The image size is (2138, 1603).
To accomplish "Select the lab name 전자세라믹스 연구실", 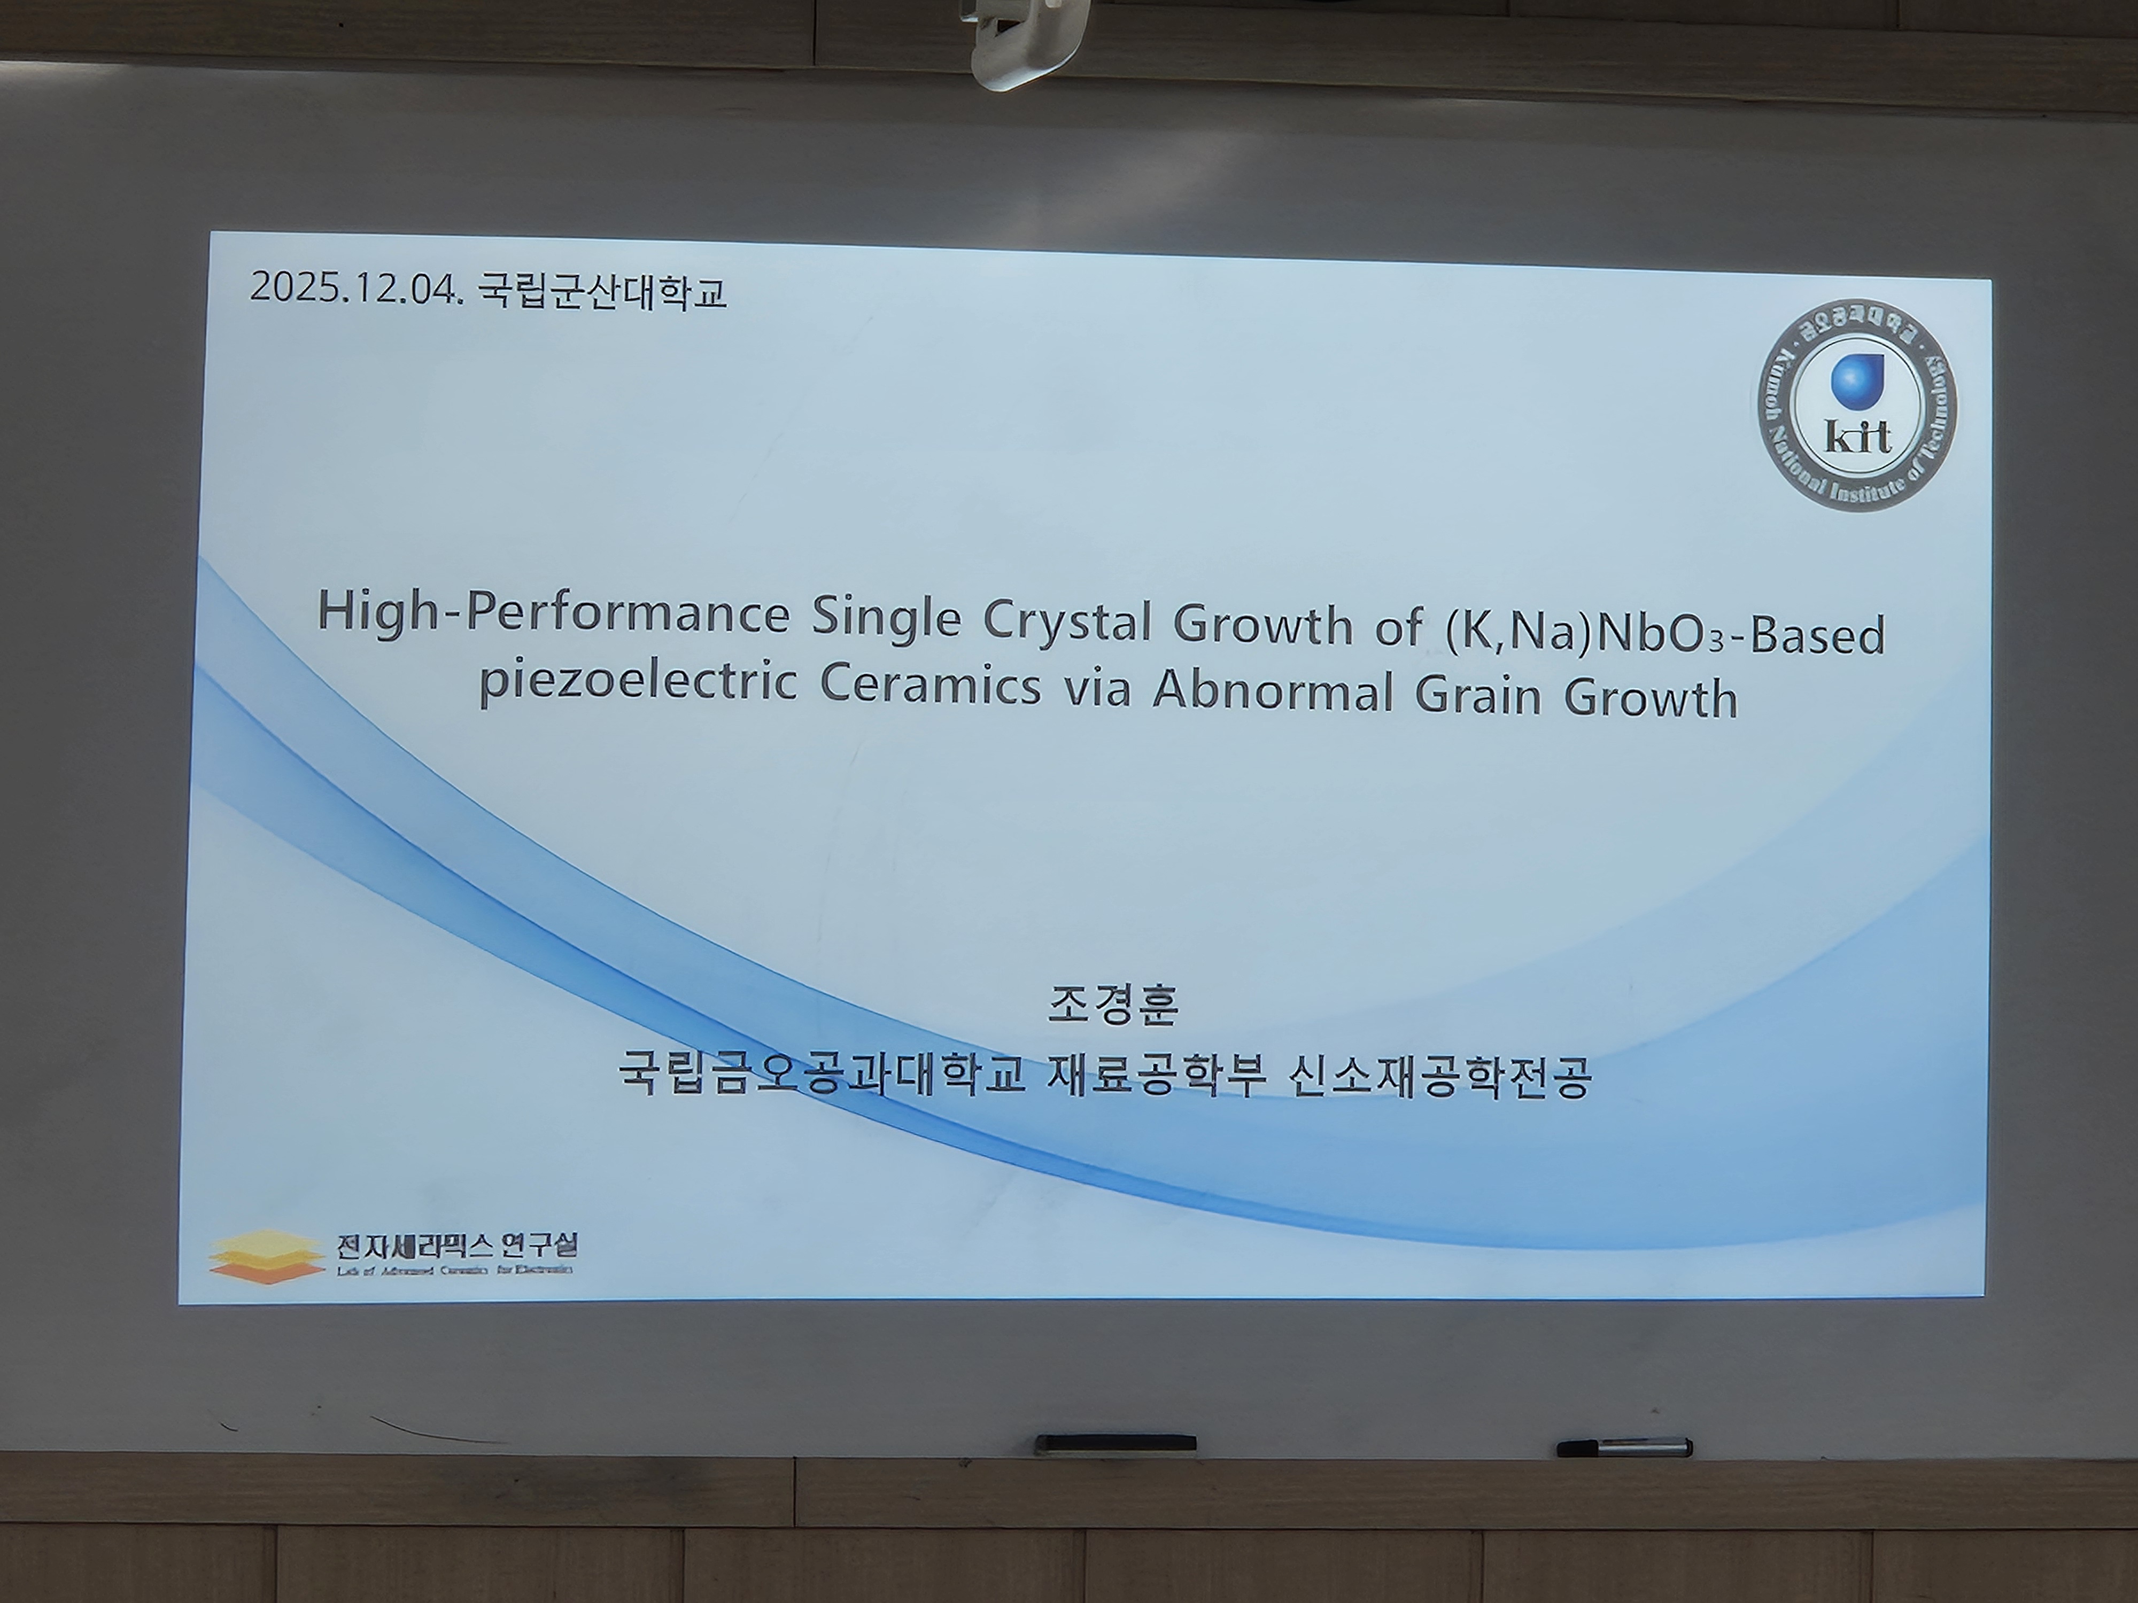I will click(x=456, y=1247).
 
